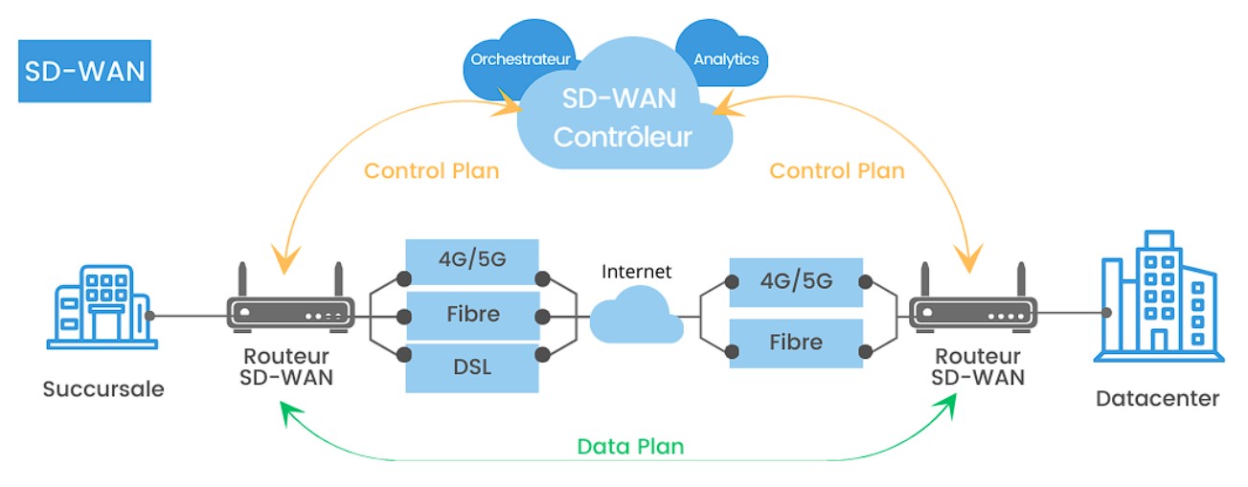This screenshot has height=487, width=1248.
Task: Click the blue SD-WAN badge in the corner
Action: (x=84, y=71)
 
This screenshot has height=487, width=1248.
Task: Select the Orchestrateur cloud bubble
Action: (x=521, y=58)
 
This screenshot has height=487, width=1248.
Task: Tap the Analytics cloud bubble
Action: (x=725, y=58)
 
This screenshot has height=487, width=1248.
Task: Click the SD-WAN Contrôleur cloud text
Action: (x=623, y=119)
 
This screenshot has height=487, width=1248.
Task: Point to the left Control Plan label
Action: (x=431, y=171)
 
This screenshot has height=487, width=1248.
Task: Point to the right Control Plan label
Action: (x=836, y=171)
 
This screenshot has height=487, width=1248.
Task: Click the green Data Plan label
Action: (x=630, y=447)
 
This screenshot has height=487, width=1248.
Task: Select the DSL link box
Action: (x=472, y=368)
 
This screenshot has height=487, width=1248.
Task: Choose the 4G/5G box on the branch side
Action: (x=472, y=258)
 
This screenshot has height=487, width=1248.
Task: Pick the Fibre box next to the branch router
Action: (x=472, y=314)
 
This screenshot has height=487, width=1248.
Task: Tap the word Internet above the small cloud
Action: (x=636, y=272)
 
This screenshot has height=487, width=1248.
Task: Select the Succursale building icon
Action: (x=101, y=306)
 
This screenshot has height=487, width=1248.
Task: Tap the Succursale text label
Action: (x=103, y=389)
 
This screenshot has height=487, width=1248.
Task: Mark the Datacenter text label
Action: (x=1157, y=399)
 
